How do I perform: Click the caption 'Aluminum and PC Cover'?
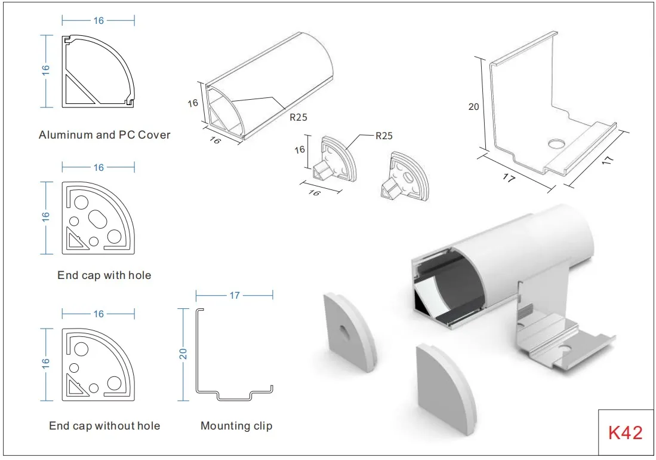click(104, 134)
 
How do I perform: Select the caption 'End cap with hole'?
click(104, 275)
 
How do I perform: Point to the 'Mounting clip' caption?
click(236, 426)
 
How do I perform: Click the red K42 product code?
click(626, 433)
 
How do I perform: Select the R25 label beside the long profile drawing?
click(298, 117)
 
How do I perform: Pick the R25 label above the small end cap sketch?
click(384, 136)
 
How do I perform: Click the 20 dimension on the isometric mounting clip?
click(474, 107)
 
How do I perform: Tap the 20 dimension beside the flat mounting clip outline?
click(184, 353)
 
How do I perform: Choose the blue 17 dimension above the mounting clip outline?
click(235, 295)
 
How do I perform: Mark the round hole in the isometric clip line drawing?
click(556, 144)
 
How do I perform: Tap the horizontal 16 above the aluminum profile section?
click(98, 21)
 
